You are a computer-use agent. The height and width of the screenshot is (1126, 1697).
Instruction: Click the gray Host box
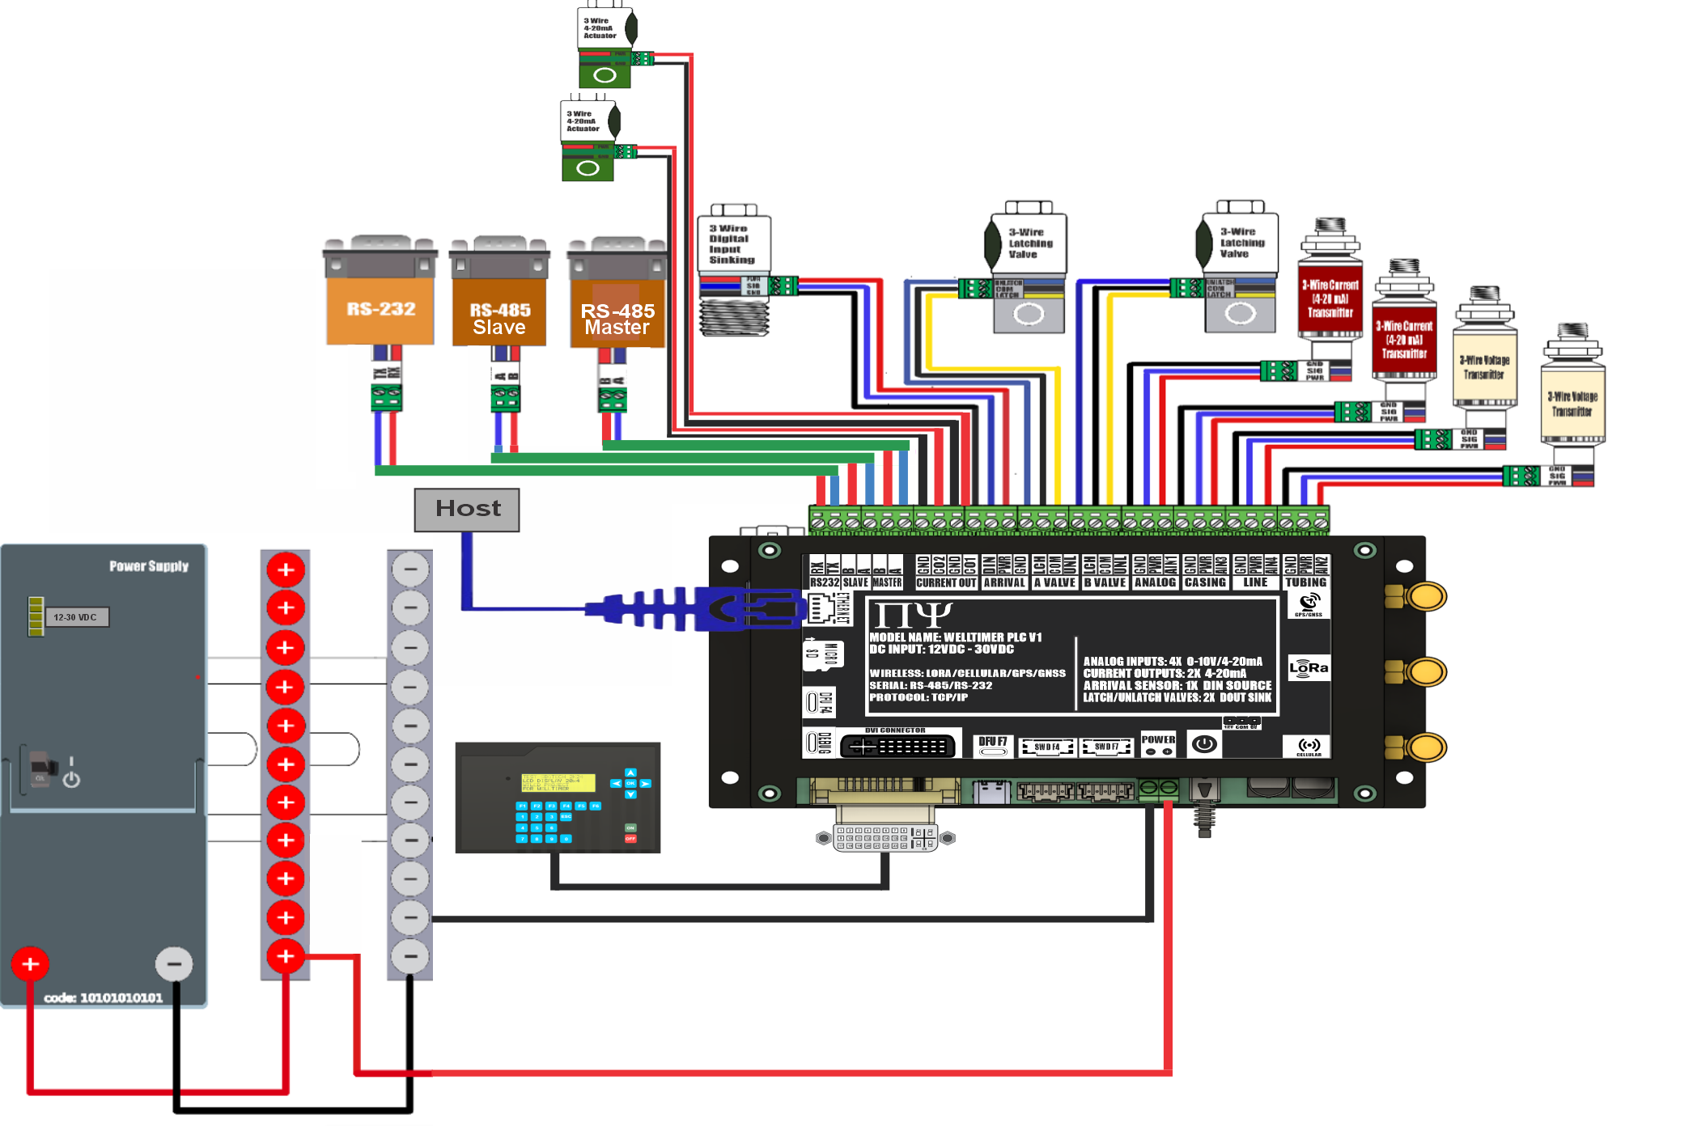[x=467, y=510]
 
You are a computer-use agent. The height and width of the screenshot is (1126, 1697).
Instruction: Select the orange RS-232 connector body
[x=380, y=310]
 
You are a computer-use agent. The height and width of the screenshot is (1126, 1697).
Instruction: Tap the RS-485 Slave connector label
[x=499, y=320]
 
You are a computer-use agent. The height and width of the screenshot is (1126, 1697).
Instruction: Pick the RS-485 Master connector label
[x=617, y=320]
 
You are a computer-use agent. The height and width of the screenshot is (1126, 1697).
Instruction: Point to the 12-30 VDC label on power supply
[x=75, y=617]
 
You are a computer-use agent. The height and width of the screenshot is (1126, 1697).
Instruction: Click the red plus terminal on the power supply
[x=31, y=963]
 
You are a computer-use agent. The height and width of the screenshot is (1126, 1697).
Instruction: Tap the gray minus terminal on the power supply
[x=173, y=963]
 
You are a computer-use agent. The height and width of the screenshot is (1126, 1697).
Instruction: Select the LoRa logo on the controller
[x=1309, y=668]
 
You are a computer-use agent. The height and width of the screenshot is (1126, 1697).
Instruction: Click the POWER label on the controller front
[x=1158, y=739]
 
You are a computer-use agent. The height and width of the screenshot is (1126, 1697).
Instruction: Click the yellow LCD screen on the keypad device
[x=558, y=782]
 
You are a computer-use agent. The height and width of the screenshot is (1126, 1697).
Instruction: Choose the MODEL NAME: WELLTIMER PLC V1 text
[x=955, y=637]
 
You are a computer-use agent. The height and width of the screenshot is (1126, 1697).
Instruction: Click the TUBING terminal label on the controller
[x=1305, y=582]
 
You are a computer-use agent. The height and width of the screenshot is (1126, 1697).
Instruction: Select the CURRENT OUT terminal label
[x=946, y=582]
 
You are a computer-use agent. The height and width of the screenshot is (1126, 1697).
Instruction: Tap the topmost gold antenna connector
[x=1425, y=597]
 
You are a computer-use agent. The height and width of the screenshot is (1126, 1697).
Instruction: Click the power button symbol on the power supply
[x=71, y=777]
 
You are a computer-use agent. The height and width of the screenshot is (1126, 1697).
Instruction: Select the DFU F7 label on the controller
[x=992, y=742]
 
